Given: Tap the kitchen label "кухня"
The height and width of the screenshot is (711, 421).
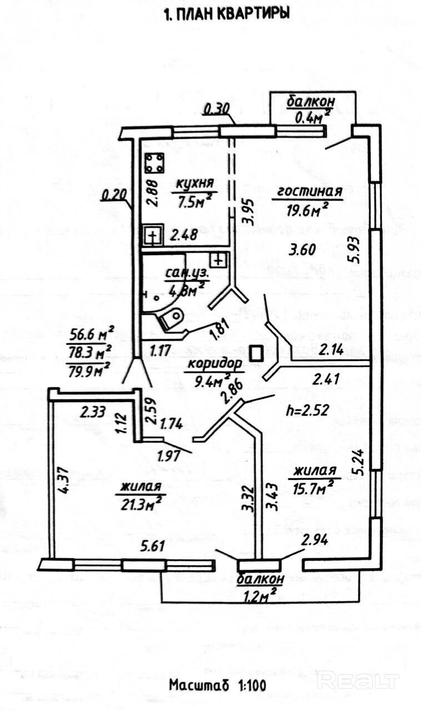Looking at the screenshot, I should pyautogui.click(x=194, y=184).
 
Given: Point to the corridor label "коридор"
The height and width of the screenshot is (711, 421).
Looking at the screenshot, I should pyautogui.click(x=215, y=364).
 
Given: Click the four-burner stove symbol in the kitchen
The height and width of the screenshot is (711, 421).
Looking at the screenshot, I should pyautogui.click(x=156, y=163).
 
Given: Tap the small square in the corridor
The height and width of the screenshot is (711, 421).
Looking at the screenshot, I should pyautogui.click(x=257, y=354).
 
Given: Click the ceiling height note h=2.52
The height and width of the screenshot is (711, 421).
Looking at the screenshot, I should pyautogui.click(x=307, y=412).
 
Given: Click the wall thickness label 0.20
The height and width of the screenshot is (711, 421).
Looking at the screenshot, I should pyautogui.click(x=114, y=195).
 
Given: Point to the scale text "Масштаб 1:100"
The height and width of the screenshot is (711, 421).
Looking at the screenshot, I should pyautogui.click(x=218, y=685).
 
